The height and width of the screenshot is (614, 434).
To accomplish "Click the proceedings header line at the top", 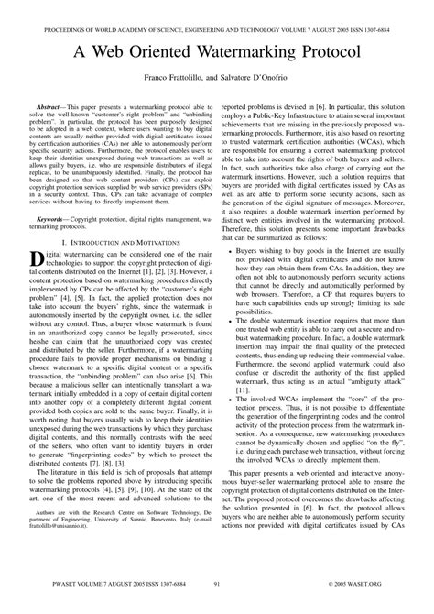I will [217, 10].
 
